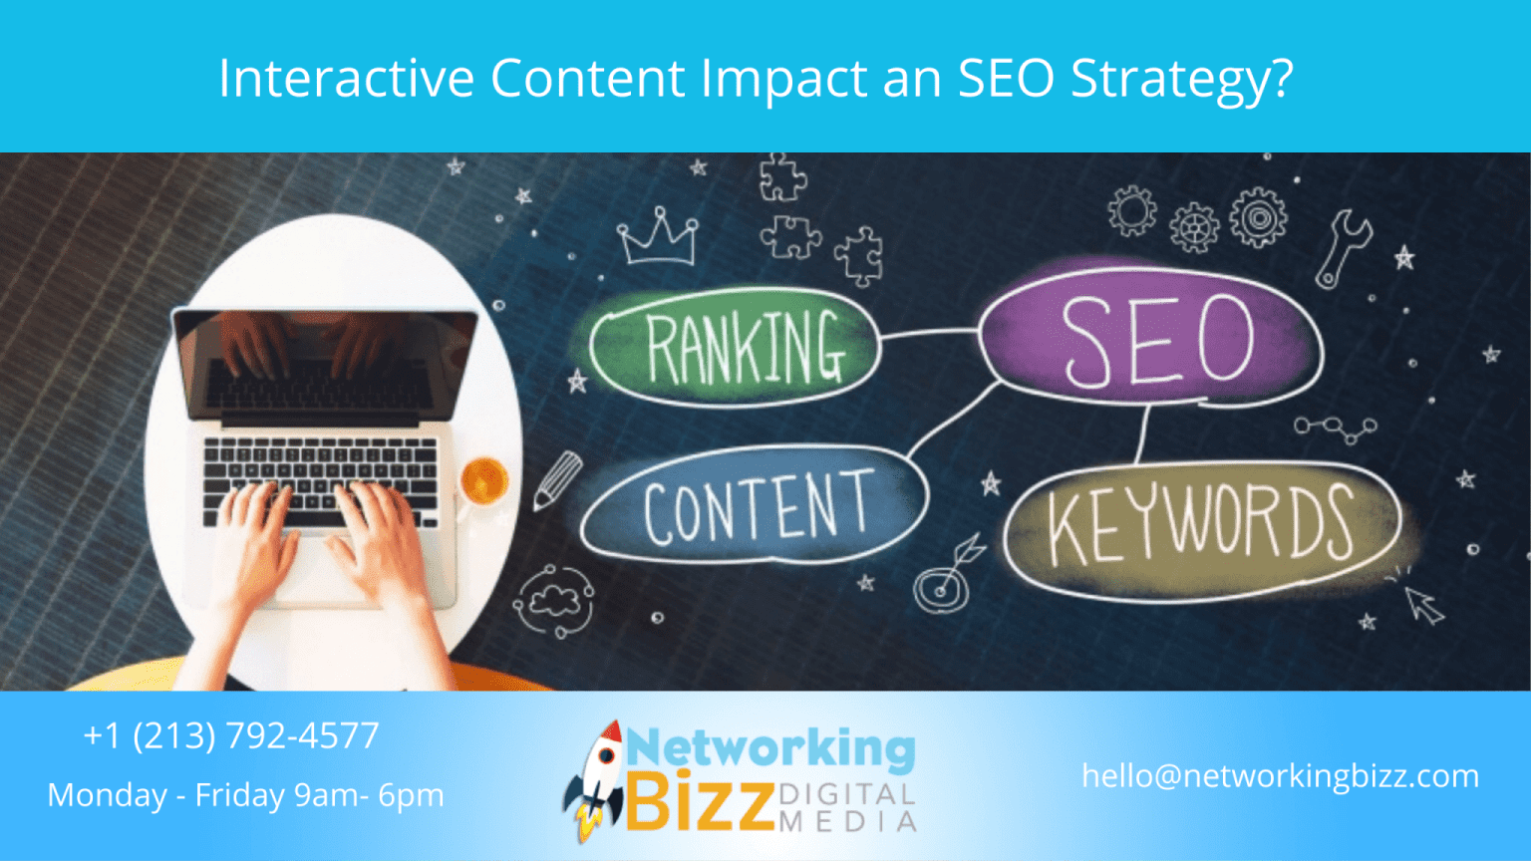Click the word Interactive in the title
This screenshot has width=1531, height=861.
click(x=346, y=78)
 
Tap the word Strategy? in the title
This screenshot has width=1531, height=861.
click(x=1182, y=80)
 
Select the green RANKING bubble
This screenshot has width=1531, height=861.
click(x=738, y=347)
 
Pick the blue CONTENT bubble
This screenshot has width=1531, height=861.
click(x=755, y=507)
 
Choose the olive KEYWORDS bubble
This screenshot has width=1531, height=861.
click(x=1201, y=525)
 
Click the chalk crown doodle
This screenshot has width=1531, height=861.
click(x=658, y=237)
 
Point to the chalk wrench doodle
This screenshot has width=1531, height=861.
click(x=1343, y=248)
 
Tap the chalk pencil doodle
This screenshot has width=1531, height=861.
click(x=557, y=480)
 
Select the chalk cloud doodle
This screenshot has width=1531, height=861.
click(x=554, y=600)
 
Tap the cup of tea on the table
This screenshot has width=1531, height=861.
click(x=484, y=480)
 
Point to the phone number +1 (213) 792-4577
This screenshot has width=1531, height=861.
click(x=231, y=735)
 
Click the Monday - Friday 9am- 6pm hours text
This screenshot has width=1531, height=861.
click(x=245, y=795)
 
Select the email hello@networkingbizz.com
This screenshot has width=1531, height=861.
click(x=1280, y=776)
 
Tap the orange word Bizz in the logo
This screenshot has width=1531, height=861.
click(x=701, y=802)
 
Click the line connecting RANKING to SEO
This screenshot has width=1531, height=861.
click(x=929, y=334)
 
